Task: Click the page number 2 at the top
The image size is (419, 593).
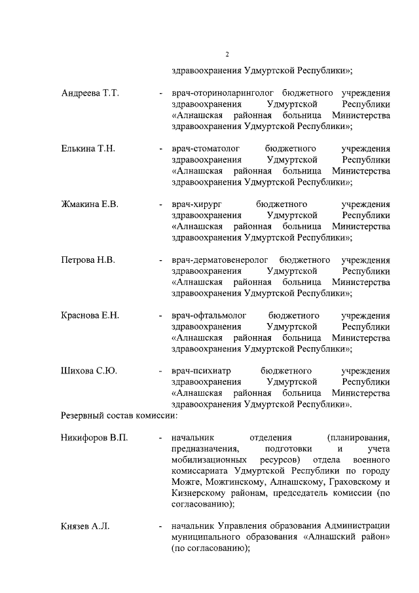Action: (x=226, y=54)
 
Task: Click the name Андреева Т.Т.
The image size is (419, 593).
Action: (x=90, y=93)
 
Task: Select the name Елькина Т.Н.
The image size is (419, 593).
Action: (x=88, y=149)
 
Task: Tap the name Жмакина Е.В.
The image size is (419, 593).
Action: (x=90, y=204)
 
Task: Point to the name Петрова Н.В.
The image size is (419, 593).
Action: (x=88, y=260)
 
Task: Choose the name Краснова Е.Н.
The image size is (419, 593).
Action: (x=90, y=316)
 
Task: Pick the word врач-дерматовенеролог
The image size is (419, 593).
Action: (x=220, y=260)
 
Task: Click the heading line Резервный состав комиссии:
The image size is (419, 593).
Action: (x=119, y=415)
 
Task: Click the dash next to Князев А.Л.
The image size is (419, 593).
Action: (x=160, y=526)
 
